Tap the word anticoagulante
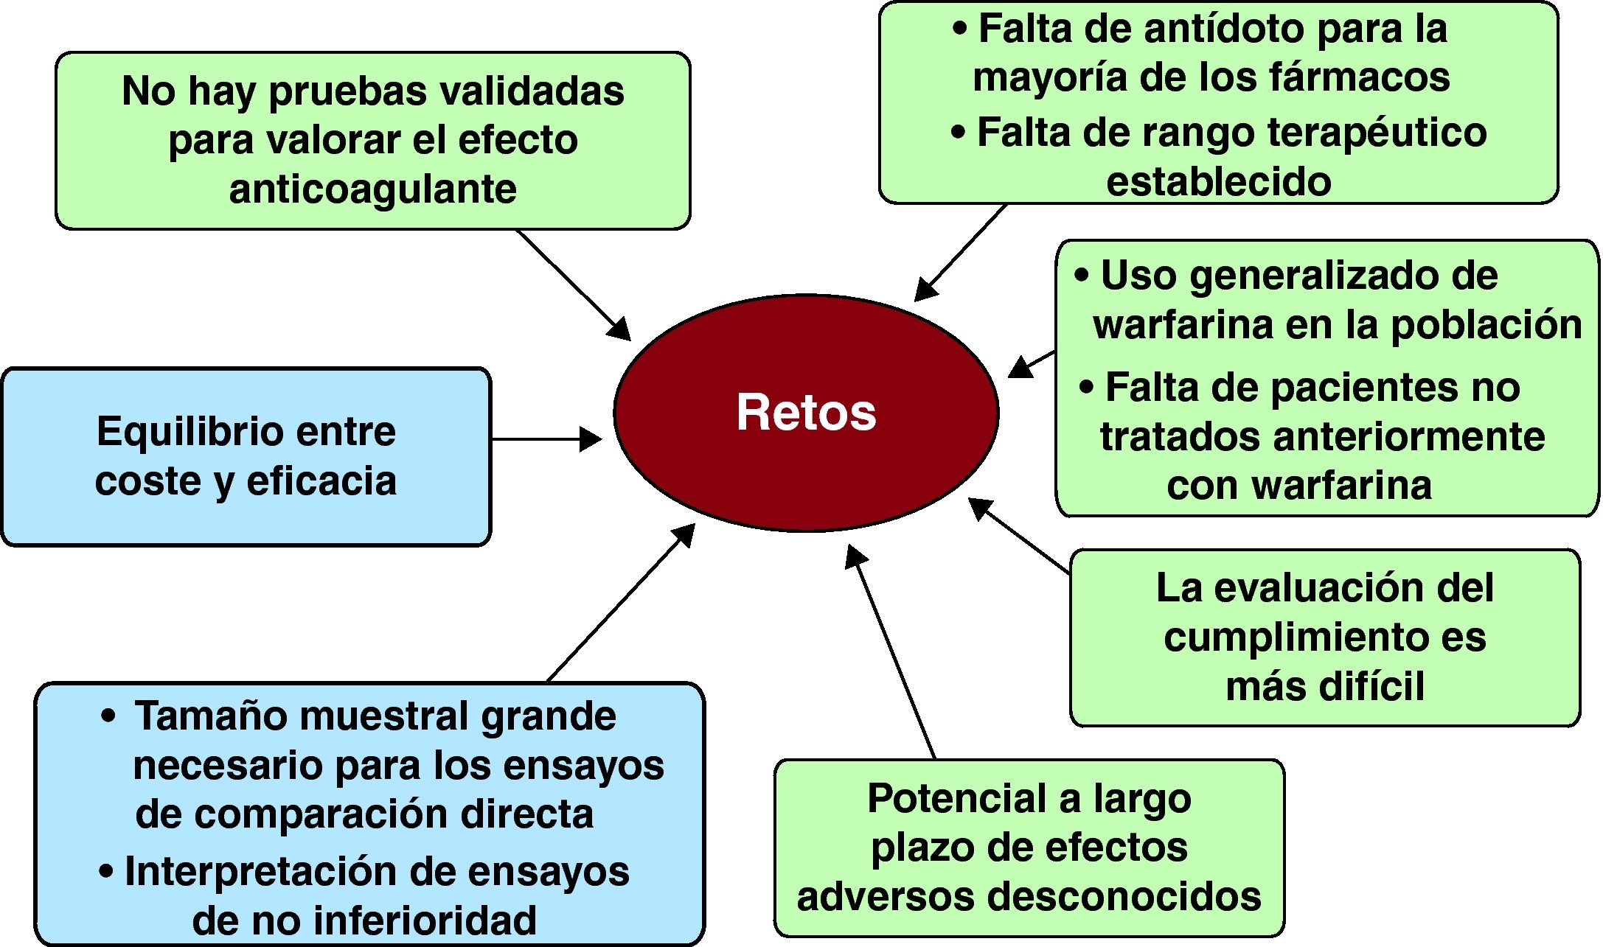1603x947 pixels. pos(372,189)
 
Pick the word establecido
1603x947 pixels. pos(1218,181)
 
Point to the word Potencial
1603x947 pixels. pos(957,798)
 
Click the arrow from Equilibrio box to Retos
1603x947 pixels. pos(546,439)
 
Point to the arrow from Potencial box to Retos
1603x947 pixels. pos(892,652)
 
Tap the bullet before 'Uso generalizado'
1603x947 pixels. pos(1081,276)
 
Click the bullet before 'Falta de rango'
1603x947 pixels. pos(958,133)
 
